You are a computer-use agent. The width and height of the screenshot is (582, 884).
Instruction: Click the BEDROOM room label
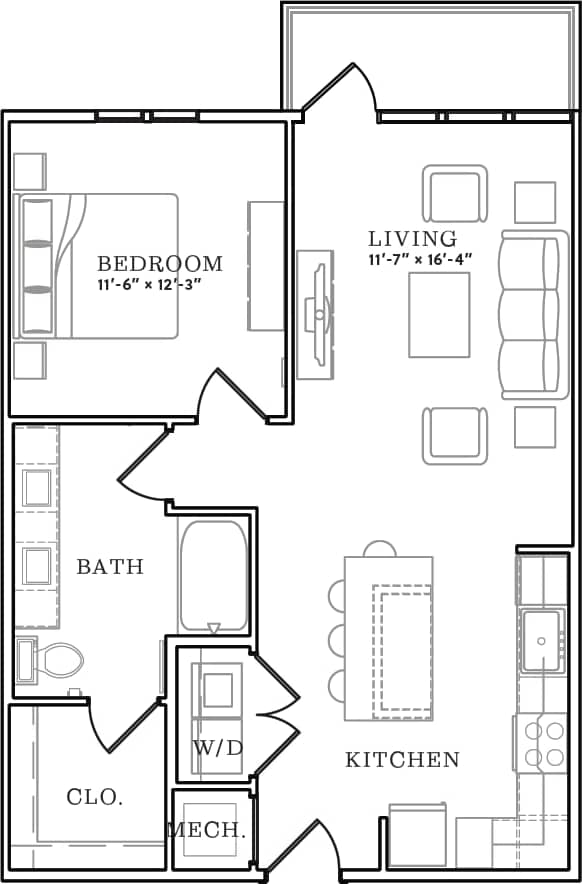tap(159, 264)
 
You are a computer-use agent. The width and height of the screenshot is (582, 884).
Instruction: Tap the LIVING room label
tap(412, 239)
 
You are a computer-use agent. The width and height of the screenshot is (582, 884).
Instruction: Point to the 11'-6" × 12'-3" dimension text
tap(159, 284)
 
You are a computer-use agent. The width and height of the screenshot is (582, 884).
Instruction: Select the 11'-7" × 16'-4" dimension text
tap(419, 260)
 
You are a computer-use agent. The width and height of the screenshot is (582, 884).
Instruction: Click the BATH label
tap(110, 567)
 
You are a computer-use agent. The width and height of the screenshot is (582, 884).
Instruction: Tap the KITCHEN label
tap(402, 760)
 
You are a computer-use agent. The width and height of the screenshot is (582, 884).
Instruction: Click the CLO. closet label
tap(94, 797)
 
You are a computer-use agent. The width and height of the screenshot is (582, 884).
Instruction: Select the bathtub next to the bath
tap(212, 576)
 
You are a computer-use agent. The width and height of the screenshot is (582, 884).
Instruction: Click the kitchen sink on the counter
tap(544, 640)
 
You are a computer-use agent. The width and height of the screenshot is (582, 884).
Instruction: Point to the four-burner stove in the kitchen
tap(544, 744)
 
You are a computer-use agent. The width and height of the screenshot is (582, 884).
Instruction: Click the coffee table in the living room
tap(439, 314)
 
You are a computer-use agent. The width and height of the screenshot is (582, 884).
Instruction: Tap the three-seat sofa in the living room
tap(531, 316)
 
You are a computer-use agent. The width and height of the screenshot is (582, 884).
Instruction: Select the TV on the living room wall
tap(318, 314)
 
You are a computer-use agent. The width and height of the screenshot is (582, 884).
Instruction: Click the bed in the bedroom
tap(98, 265)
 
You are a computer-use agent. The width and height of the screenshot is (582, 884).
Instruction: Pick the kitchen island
tap(389, 638)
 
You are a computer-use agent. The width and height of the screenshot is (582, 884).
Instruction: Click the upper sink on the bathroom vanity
tap(37, 489)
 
